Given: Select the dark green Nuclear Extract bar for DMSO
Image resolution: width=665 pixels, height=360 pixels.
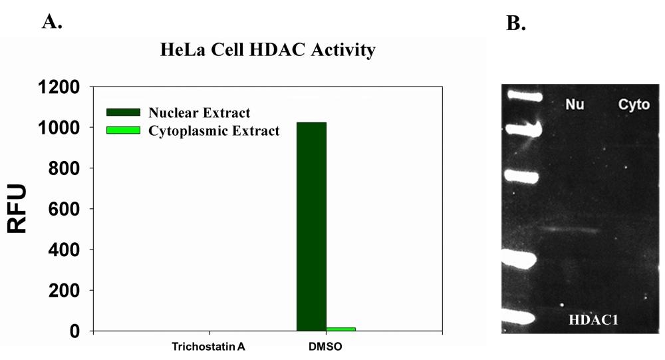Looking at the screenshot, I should pyautogui.click(x=311, y=226).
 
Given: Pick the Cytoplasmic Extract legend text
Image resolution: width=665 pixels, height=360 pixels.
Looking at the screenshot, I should pyautogui.click(x=214, y=130).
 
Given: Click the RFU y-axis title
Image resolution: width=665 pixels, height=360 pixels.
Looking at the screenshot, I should pyautogui.click(x=18, y=209).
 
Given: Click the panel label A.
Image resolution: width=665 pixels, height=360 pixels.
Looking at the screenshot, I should pyautogui.click(x=53, y=22).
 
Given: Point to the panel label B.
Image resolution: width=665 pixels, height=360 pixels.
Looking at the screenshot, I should pyautogui.click(x=515, y=24).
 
